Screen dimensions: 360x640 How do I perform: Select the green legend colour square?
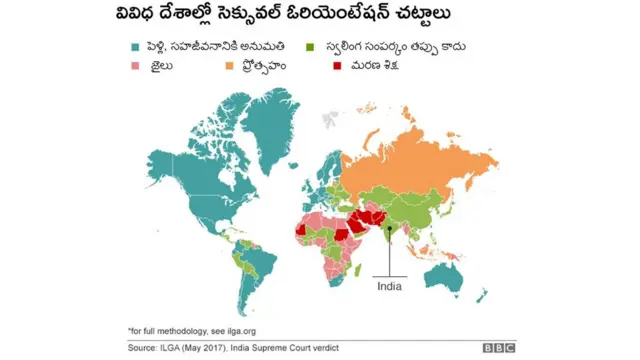(x=311, y=47)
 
